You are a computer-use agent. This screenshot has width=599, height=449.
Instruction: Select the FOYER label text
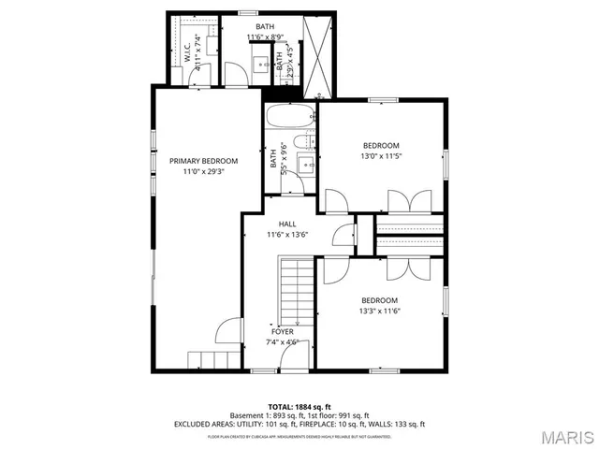[283, 332]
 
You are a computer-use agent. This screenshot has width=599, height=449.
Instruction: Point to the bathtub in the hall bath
[290, 120]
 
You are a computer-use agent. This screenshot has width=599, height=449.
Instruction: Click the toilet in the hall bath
[302, 143]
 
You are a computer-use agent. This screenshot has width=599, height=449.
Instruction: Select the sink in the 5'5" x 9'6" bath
[305, 166]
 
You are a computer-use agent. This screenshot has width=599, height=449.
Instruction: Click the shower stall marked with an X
[314, 55]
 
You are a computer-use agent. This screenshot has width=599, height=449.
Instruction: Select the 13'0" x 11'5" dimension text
[381, 156]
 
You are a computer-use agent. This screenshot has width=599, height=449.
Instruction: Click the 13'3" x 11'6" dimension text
[381, 311]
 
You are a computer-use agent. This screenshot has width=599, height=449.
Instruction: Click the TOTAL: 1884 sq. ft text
[299, 407]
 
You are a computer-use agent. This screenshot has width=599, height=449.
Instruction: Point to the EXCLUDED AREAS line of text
[299, 424]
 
